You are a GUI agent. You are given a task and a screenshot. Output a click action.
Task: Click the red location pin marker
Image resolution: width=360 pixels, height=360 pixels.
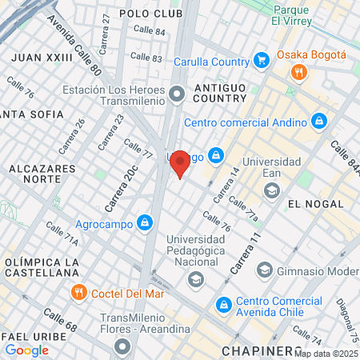[181, 163]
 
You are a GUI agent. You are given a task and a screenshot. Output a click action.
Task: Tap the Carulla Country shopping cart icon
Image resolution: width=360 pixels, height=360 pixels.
[261, 59]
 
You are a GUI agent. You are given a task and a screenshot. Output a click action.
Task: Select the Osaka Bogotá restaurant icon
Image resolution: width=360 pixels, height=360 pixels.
[299, 72]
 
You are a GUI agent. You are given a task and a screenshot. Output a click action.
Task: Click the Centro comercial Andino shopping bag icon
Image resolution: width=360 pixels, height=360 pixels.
[319, 122]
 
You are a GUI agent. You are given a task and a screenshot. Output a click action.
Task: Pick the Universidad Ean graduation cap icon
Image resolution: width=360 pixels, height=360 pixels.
[272, 190]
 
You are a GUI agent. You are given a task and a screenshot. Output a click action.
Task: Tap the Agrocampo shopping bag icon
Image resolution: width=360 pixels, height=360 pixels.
[145, 222]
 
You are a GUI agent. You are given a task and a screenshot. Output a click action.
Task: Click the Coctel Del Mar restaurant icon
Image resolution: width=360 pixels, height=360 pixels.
[78, 292]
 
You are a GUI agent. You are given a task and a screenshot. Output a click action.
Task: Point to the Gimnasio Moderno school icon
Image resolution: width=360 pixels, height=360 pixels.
[264, 270]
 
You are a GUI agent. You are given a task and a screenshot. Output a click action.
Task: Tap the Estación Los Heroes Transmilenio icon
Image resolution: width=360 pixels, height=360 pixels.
[177, 96]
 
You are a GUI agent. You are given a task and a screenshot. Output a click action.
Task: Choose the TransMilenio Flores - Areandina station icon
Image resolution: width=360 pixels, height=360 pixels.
[122, 346]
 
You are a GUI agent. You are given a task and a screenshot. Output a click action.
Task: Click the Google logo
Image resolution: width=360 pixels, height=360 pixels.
[26, 350]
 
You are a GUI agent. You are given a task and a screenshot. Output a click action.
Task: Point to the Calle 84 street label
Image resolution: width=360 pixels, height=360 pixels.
[149, 30]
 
